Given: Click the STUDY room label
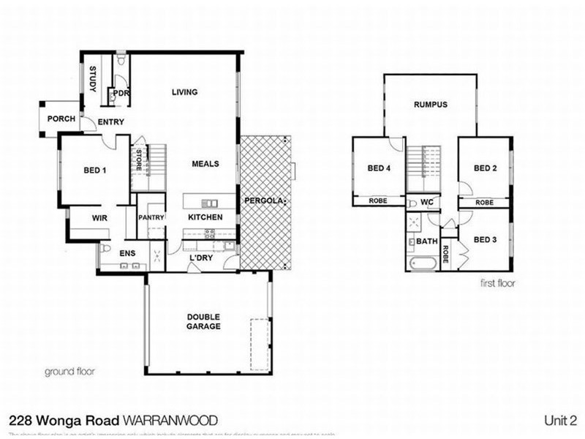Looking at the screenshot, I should pyautogui.click(x=94, y=79).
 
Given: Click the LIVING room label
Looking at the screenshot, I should pyautogui.click(x=184, y=92).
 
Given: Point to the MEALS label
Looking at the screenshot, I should pyautogui.click(x=205, y=164).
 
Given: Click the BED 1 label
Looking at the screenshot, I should pyautogui.click(x=96, y=170).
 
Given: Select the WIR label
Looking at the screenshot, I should pyautogui.click(x=100, y=218).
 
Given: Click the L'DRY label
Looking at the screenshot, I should pyautogui.click(x=200, y=258).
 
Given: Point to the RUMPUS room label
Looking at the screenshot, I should pyautogui.click(x=430, y=105).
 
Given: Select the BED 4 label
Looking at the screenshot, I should pyautogui.click(x=378, y=168).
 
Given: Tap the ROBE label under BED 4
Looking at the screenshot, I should pyautogui.click(x=377, y=200).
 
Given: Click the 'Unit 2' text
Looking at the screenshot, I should pyautogui.click(x=561, y=421).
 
